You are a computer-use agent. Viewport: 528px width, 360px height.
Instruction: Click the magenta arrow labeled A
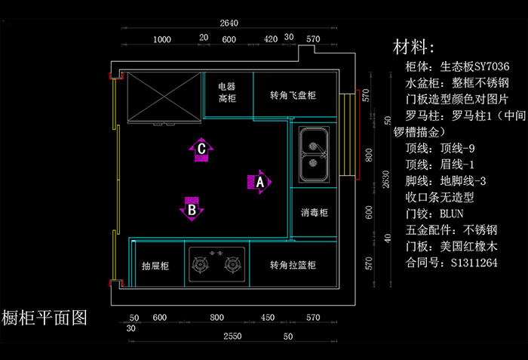(x=259, y=182)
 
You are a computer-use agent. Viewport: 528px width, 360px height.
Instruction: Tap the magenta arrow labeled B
(x=192, y=209)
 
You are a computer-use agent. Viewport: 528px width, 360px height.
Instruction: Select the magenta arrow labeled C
(x=201, y=149)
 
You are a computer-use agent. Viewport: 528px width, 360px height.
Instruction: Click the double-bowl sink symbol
(x=314, y=155)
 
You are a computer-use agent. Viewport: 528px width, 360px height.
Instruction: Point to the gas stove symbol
(x=217, y=264)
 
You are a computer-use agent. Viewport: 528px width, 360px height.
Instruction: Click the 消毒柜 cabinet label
(x=315, y=212)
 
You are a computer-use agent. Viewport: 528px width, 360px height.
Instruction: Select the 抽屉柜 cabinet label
(x=155, y=266)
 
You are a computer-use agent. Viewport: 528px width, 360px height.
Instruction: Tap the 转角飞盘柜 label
(x=293, y=95)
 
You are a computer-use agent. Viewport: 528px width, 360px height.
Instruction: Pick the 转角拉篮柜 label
(x=293, y=265)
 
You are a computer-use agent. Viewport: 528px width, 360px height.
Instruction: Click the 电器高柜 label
(x=227, y=92)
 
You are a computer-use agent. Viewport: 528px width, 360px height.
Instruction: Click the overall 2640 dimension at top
(x=229, y=23)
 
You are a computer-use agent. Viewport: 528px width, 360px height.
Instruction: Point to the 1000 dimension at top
(x=162, y=39)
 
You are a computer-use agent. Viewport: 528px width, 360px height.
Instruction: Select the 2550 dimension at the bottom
(x=232, y=336)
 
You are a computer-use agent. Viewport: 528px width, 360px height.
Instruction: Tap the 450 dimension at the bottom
(x=268, y=318)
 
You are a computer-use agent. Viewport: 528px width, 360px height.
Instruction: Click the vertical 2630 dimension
(x=386, y=180)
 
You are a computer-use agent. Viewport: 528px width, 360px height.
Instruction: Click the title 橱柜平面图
(x=44, y=318)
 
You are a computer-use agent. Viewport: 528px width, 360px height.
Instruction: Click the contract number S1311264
(x=474, y=263)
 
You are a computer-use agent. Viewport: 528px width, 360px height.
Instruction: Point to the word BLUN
(x=451, y=214)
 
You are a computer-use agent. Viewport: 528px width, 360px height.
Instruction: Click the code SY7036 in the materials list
(x=492, y=66)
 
